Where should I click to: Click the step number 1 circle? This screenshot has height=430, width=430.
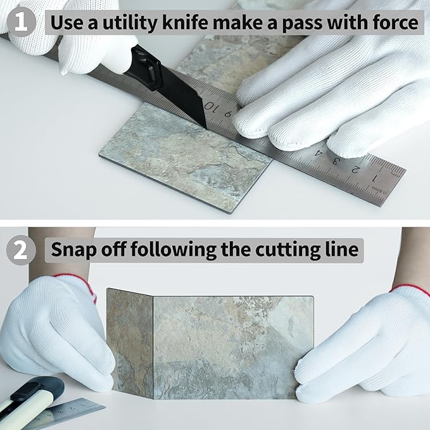point(21,22)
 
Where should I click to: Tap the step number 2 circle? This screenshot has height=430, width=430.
point(21,250)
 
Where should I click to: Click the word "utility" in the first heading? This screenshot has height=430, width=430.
point(130,23)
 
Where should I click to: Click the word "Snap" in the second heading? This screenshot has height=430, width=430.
point(73,250)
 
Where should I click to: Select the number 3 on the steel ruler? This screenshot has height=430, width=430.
point(336,160)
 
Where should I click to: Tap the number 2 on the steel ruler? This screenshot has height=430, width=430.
point(355,170)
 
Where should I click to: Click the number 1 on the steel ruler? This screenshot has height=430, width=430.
point(374,178)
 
